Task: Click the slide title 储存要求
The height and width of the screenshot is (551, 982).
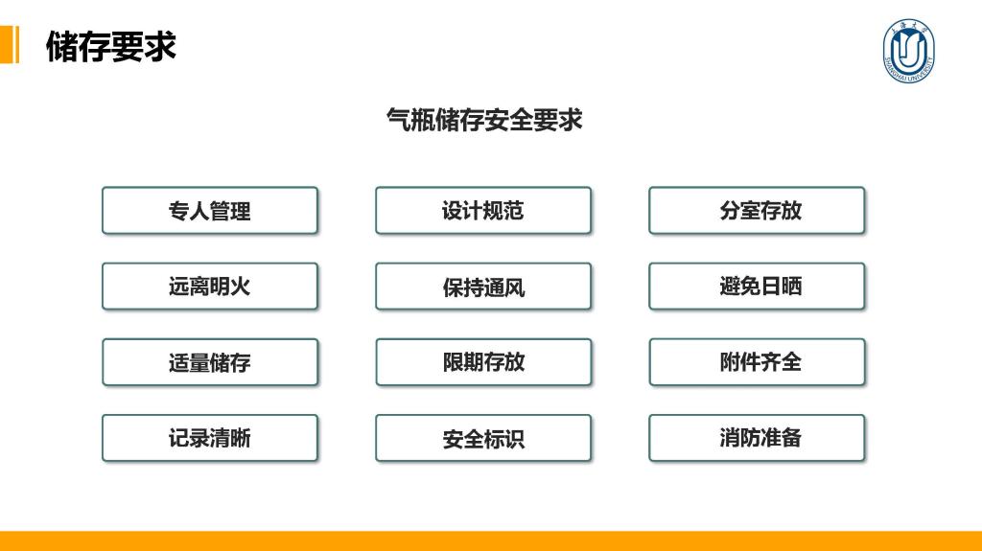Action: [x=111, y=46]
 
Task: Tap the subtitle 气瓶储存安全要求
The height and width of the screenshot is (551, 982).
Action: [x=484, y=119]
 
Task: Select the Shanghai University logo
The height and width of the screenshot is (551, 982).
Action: [x=908, y=51]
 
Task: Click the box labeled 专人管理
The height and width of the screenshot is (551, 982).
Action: [x=210, y=211]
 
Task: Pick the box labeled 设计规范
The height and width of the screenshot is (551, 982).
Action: [x=483, y=211]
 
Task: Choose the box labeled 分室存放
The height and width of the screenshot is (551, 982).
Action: [x=757, y=211]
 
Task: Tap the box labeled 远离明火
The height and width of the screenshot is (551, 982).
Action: [x=210, y=287]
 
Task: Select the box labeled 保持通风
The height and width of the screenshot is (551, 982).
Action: [x=483, y=287]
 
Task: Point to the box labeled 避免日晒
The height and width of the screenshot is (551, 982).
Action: [x=757, y=287]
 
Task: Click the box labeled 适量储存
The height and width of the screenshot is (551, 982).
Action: [x=210, y=362]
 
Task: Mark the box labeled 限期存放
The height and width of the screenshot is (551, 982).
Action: [x=483, y=362]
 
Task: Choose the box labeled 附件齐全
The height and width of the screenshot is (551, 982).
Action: [x=757, y=362]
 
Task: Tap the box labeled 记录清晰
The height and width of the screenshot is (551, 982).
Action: [x=210, y=438]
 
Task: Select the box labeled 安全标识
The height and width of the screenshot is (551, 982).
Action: [x=483, y=438]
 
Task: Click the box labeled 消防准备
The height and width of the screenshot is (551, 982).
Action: [x=757, y=438]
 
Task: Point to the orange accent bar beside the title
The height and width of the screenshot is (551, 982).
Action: [x=10, y=44]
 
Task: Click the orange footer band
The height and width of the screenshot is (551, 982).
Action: [x=491, y=541]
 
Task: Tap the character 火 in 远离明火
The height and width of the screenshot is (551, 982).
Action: [x=241, y=287]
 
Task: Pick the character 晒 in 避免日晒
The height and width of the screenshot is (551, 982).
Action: [x=791, y=287]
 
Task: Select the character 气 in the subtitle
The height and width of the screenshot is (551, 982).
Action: [x=398, y=119]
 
